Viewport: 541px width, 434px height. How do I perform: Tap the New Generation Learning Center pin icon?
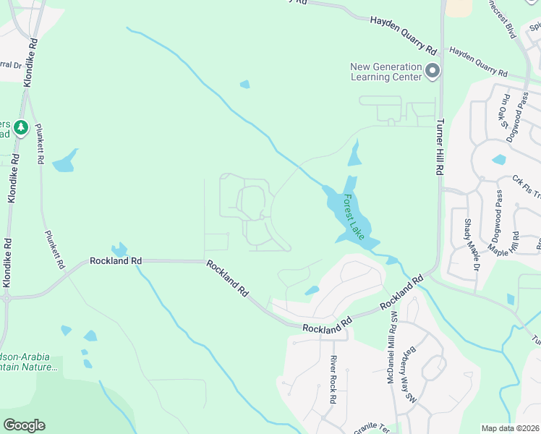(x=433, y=71)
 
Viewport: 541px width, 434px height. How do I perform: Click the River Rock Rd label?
(x=333, y=379)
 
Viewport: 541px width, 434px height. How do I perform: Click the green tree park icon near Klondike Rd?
(x=22, y=127)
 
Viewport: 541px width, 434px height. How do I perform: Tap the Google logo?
(x=24, y=425)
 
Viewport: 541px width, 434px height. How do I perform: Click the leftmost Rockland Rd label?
(x=116, y=260)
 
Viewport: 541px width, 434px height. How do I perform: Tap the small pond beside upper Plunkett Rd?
(x=64, y=161)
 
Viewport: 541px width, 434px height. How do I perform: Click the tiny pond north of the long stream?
(x=244, y=85)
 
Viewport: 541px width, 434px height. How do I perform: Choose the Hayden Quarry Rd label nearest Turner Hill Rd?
(x=479, y=61)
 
